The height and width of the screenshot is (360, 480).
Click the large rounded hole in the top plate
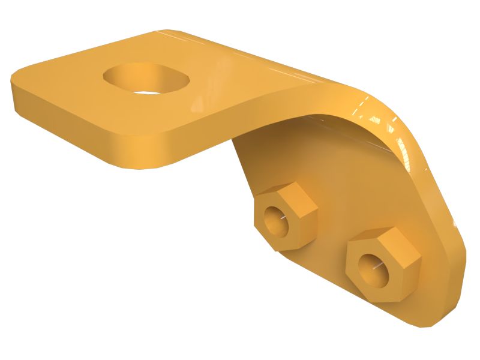tap(146, 79)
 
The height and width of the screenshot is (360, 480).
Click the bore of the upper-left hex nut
tap(278, 221)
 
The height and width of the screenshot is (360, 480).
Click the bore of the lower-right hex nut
tap(374, 268)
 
